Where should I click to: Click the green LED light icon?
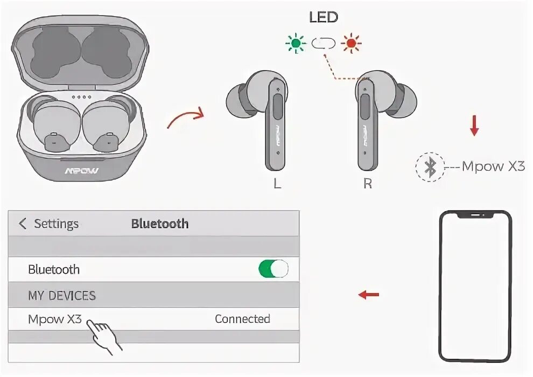[x=296, y=43]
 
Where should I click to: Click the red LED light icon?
[x=352, y=43]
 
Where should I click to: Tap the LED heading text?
[x=323, y=17]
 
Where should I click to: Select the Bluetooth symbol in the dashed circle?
[x=430, y=167]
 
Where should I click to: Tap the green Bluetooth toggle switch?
[x=273, y=269]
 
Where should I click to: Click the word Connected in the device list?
[x=242, y=319]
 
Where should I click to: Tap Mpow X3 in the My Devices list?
[x=55, y=319]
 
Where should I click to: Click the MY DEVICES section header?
[x=61, y=296]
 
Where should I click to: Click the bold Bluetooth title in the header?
[x=160, y=224]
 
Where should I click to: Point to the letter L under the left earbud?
[x=277, y=184]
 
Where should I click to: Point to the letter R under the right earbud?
[x=368, y=184]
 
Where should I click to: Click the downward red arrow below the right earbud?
[x=474, y=125]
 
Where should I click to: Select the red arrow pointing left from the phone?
[x=369, y=295]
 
